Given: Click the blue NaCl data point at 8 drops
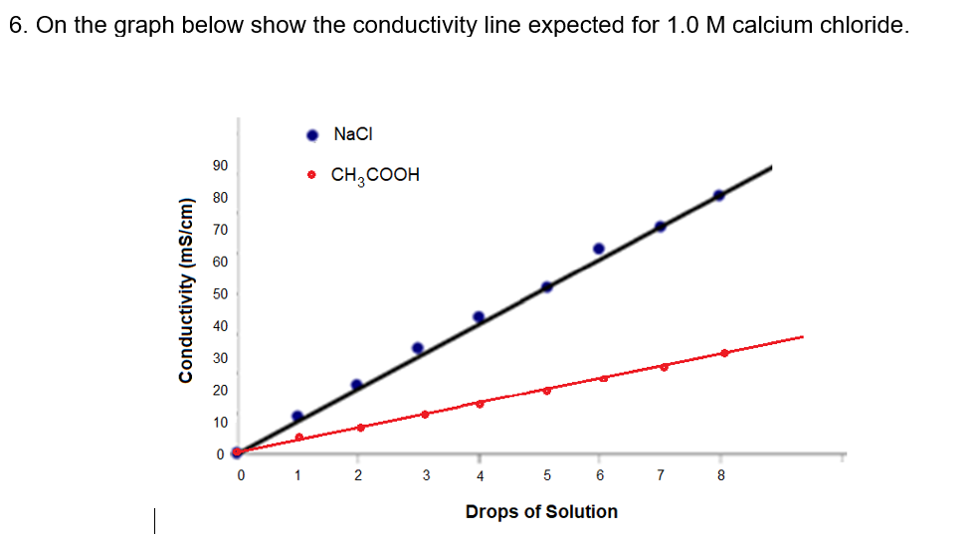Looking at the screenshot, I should coord(719,195).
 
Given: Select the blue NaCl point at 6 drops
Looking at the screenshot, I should coord(599,249).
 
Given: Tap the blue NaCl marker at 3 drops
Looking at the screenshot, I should coord(418,348).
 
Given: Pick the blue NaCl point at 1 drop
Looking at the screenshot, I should coord(296,417).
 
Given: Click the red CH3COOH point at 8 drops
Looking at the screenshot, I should coord(724,353).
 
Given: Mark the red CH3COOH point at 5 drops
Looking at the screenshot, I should coord(546,390).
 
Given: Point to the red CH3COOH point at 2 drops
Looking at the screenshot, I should coord(360,428).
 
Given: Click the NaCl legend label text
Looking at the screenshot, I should coord(353,134).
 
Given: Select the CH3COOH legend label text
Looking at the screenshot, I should coord(375,175).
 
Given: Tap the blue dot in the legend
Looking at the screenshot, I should coord(312,135).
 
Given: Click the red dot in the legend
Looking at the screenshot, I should coord(312,175).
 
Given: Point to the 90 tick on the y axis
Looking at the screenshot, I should coord(220,165).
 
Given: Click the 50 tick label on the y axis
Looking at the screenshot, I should coord(220,294).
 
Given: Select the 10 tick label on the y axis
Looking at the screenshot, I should coord(220,423).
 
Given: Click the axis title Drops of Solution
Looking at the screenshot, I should coord(541,511).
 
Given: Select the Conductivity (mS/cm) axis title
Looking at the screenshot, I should coord(184,302).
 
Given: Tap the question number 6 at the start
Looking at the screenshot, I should coord(17,25).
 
